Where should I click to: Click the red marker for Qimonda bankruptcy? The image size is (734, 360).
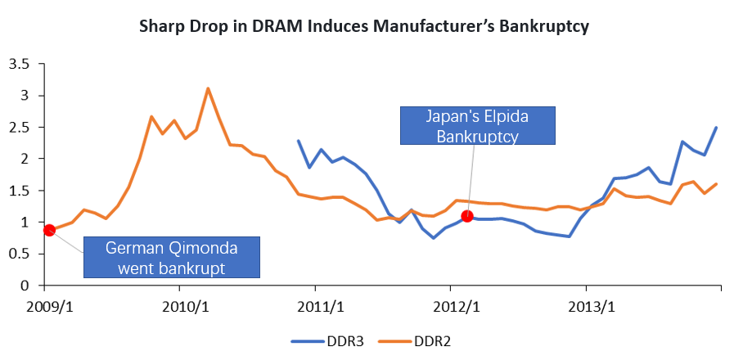[49, 230]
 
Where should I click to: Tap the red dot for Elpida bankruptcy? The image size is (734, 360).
[467, 216]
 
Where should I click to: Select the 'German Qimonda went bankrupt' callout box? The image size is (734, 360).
[171, 256]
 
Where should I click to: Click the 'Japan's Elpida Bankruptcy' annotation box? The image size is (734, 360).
[477, 127]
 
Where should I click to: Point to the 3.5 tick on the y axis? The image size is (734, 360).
[20, 64]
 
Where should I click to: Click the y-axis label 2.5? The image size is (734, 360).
[20, 127]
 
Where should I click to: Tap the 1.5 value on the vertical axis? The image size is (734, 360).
[20, 191]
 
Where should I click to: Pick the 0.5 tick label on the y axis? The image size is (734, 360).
[20, 254]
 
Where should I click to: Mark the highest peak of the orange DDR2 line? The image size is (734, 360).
[208, 88]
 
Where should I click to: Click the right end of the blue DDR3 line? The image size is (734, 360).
[717, 128]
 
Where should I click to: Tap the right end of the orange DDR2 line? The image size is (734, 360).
[717, 184]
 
